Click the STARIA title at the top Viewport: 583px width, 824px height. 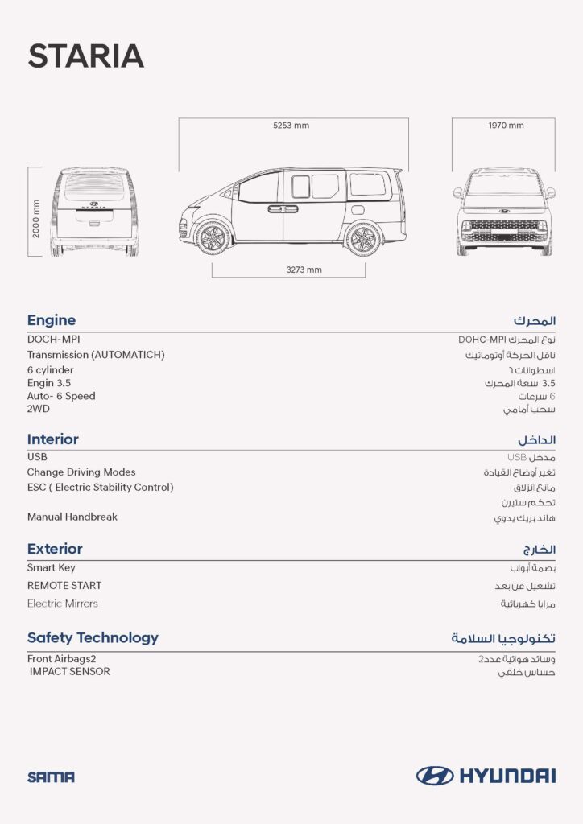click(x=85, y=56)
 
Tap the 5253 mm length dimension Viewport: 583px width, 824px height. click(x=291, y=126)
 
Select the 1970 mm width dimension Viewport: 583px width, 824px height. click(x=506, y=126)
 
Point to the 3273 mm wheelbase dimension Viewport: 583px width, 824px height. click(x=304, y=270)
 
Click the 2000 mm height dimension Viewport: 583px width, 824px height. click(x=35, y=218)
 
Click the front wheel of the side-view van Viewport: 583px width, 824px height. click(x=213, y=238)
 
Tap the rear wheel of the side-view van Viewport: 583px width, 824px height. click(x=362, y=238)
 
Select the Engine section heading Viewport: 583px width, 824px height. click(x=52, y=320)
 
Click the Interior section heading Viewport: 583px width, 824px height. click(x=53, y=439)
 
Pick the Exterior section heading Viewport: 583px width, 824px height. click(x=55, y=549)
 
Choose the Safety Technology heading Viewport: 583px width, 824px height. click(x=93, y=637)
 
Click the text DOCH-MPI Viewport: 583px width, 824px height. click(x=53, y=340)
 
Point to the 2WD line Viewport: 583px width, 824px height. click(x=39, y=409)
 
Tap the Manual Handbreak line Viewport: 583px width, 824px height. click(x=72, y=517)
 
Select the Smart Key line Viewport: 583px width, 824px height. click(x=52, y=567)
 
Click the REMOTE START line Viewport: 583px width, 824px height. click(x=64, y=585)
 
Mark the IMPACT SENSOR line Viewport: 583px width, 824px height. click(x=70, y=671)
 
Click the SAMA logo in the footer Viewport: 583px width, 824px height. click(x=51, y=777)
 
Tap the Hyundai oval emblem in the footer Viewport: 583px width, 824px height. click(x=435, y=776)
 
